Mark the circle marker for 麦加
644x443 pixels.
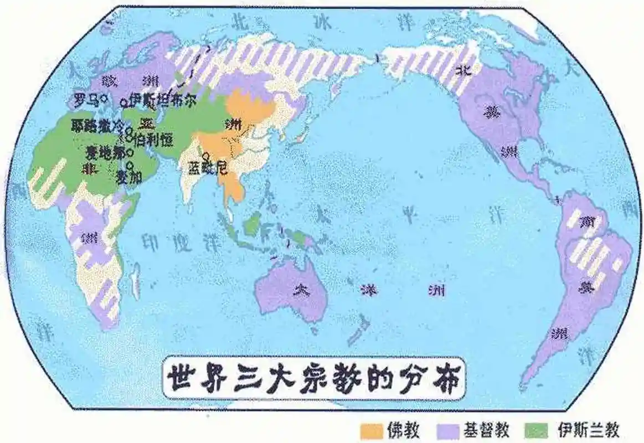[130, 165]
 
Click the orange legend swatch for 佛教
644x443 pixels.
[371, 429]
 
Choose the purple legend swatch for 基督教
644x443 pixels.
[447, 429]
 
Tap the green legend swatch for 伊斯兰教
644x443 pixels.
[536, 429]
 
